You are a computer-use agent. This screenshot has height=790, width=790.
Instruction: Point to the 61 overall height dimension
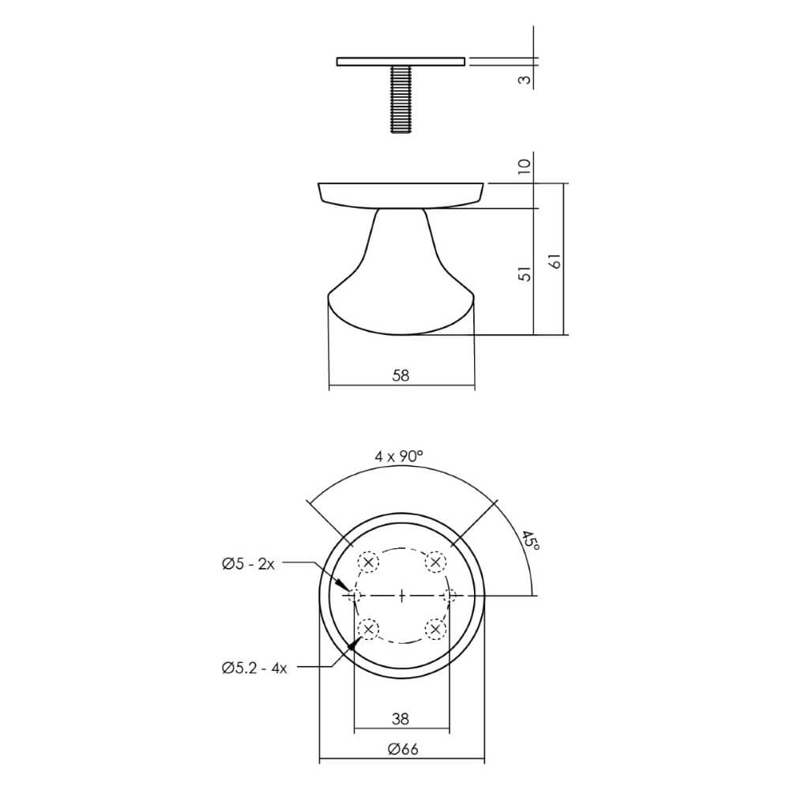(x=555, y=261)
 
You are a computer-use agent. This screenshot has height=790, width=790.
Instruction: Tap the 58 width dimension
(x=401, y=376)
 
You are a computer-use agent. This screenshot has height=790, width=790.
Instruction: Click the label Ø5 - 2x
(x=248, y=563)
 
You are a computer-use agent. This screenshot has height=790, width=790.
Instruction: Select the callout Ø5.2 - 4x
(x=254, y=668)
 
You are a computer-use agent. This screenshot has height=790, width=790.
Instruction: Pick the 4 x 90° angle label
(x=399, y=456)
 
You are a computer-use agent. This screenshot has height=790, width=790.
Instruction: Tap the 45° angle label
(x=530, y=545)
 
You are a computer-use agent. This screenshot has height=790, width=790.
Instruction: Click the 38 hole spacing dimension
(x=401, y=718)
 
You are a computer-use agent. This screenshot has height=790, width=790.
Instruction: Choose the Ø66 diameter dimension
(x=402, y=750)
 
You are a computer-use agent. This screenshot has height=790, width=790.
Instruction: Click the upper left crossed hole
(x=368, y=562)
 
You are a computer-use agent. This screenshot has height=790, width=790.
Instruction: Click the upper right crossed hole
(x=434, y=562)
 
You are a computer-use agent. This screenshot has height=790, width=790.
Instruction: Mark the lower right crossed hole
(x=434, y=629)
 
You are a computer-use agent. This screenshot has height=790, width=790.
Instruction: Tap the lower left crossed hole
(x=368, y=629)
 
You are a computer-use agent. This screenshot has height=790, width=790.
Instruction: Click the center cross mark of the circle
(x=401, y=595)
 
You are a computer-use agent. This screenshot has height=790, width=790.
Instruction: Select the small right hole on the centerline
(x=450, y=595)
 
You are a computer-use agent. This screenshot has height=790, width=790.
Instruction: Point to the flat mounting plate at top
(x=401, y=62)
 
